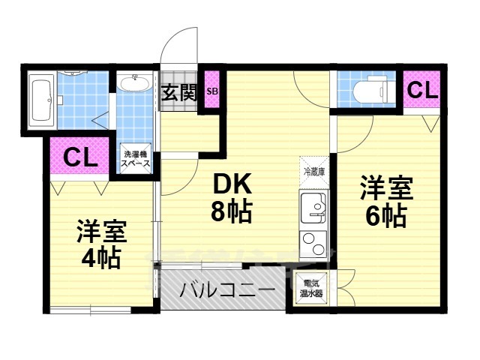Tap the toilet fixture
click(x=368, y=91)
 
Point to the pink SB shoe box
click(x=212, y=91)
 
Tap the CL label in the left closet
click(x=79, y=157)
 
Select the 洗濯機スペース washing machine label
click(x=136, y=158)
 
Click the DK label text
click(x=231, y=184)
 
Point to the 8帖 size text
click(x=230, y=212)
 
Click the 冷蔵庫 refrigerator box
click(x=314, y=171)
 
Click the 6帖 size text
click(x=386, y=216)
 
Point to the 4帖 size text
click(x=101, y=258)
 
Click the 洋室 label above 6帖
click(x=386, y=187)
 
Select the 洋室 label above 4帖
click(x=101, y=231)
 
